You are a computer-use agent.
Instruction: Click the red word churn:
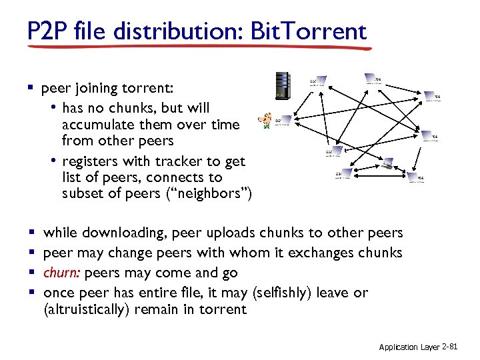(63, 273)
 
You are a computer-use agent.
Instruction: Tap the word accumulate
(95, 125)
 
